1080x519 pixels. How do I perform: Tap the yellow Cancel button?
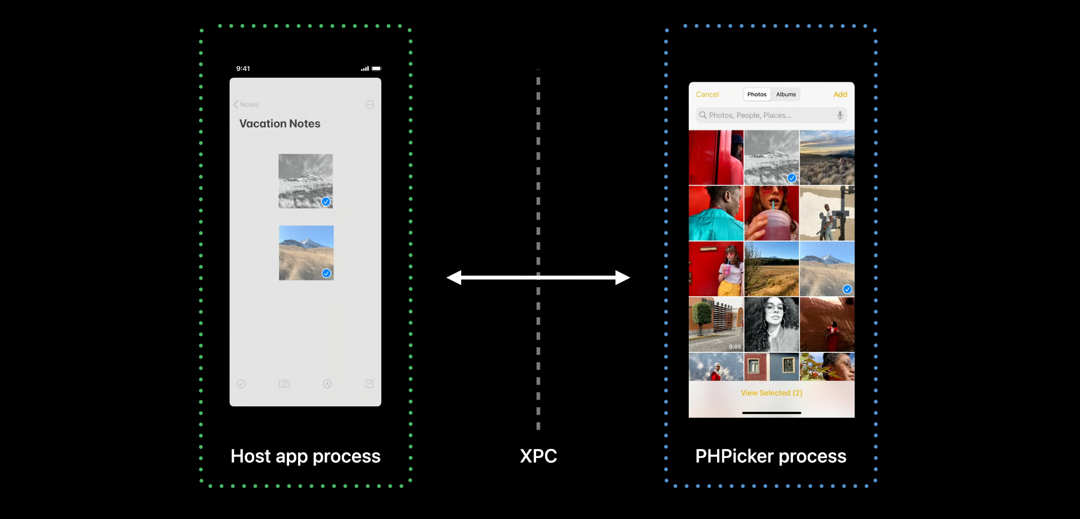pyautogui.click(x=707, y=94)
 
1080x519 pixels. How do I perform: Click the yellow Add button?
pyautogui.click(x=840, y=94)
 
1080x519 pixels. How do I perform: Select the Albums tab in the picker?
pyautogui.click(x=786, y=94)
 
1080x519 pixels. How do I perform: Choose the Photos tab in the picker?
pyautogui.click(x=756, y=94)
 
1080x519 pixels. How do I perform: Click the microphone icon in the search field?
pyautogui.click(x=840, y=115)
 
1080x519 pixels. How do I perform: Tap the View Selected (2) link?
pyautogui.click(x=771, y=393)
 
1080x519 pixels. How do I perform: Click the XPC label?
pyautogui.click(x=538, y=456)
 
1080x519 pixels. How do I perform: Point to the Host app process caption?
pyautogui.click(x=305, y=456)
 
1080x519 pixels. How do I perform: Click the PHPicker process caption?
pyautogui.click(x=771, y=456)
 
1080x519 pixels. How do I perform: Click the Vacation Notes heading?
pyautogui.click(x=280, y=123)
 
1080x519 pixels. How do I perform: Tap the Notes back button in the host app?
pyautogui.click(x=246, y=104)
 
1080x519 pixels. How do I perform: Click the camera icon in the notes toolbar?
pyautogui.click(x=284, y=383)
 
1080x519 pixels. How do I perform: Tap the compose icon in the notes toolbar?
pyautogui.click(x=370, y=383)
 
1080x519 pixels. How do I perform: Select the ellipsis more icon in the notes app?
pyautogui.click(x=370, y=104)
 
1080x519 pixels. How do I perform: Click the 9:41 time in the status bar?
pyautogui.click(x=243, y=68)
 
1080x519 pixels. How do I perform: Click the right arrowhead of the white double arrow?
pyautogui.click(x=623, y=277)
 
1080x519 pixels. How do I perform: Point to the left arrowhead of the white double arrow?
pyautogui.click(x=454, y=277)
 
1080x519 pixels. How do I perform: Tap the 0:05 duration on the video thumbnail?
pyautogui.click(x=735, y=347)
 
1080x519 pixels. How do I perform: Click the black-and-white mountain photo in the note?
pyautogui.click(x=305, y=181)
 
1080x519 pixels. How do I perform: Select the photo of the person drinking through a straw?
pyautogui.click(x=771, y=213)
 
